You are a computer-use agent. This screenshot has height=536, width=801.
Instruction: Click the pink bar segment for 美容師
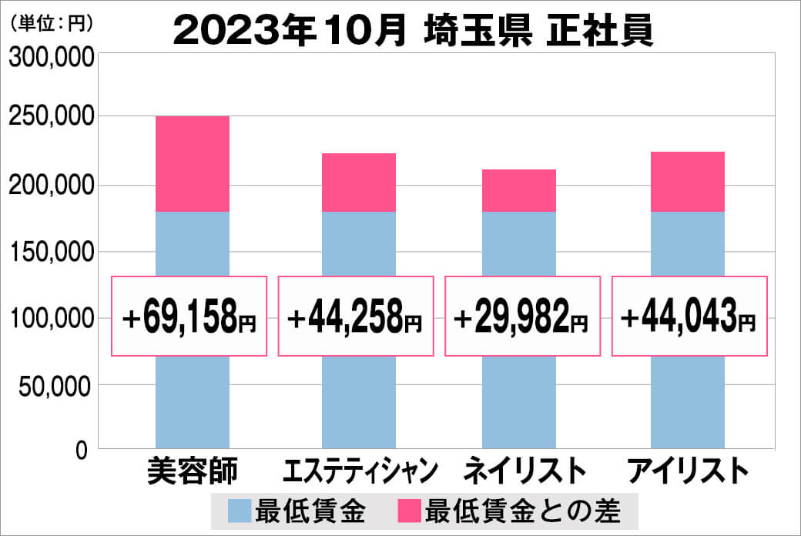192,164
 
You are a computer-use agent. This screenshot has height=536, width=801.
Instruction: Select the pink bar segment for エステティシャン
359,183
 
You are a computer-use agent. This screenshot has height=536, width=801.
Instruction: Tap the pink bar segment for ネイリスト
519,190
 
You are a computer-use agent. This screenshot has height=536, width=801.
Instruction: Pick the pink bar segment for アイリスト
687,182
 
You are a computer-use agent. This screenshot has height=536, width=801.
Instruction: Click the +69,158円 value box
189,316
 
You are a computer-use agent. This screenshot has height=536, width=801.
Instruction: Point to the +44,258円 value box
356,316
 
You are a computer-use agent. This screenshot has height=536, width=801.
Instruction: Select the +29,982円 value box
523,316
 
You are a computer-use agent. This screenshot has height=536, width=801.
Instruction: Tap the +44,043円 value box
689,316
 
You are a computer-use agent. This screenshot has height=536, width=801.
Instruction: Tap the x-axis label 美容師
193,471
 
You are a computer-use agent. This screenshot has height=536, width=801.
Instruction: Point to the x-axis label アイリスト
688,471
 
